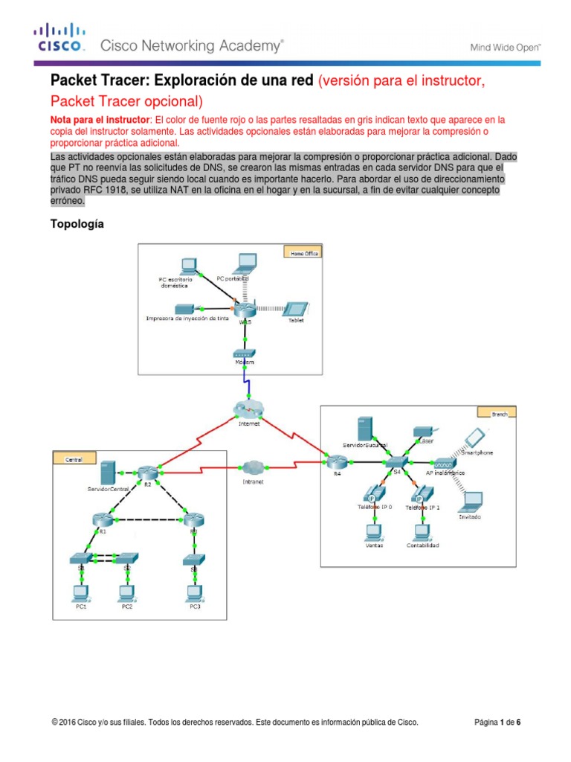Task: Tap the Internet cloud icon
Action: tap(247, 410)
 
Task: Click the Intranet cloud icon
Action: tap(252, 467)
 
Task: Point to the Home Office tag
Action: tap(303, 253)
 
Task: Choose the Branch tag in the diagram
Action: tap(503, 412)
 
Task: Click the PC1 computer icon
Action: tap(79, 592)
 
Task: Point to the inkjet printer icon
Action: tap(183, 308)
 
